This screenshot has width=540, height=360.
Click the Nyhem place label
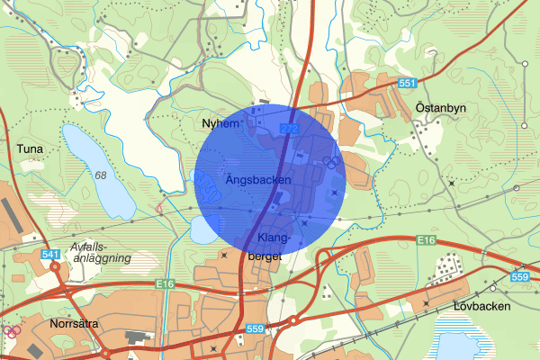tap(221, 124)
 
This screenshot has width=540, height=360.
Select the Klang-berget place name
tap(272, 247)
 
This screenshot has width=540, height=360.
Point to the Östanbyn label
tap(441, 107)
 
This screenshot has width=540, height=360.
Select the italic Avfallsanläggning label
tap(100, 252)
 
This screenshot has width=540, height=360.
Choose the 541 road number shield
tap(50, 256)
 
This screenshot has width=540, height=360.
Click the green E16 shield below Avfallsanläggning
tap(165, 284)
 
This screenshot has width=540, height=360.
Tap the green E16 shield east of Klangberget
tap(427, 240)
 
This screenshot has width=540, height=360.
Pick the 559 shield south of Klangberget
tap(256, 329)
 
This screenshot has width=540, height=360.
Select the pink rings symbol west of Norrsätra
tap(12, 330)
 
